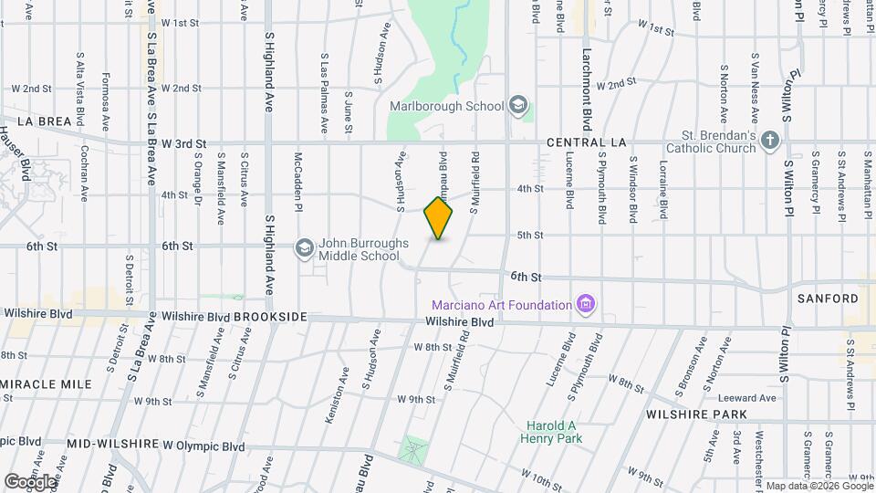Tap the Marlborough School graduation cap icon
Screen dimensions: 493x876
click(x=519, y=105)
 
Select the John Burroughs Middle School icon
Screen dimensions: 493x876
click(x=304, y=247)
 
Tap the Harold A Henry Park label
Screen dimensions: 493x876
click(x=551, y=433)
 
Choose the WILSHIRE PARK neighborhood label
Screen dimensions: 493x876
click(x=696, y=414)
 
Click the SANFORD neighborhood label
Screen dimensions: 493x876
click(x=828, y=299)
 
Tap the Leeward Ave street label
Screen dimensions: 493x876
click(x=746, y=398)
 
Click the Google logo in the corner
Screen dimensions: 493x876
click(x=29, y=481)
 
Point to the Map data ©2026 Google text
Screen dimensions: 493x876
click(x=819, y=486)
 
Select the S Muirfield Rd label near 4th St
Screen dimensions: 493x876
click(x=474, y=184)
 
